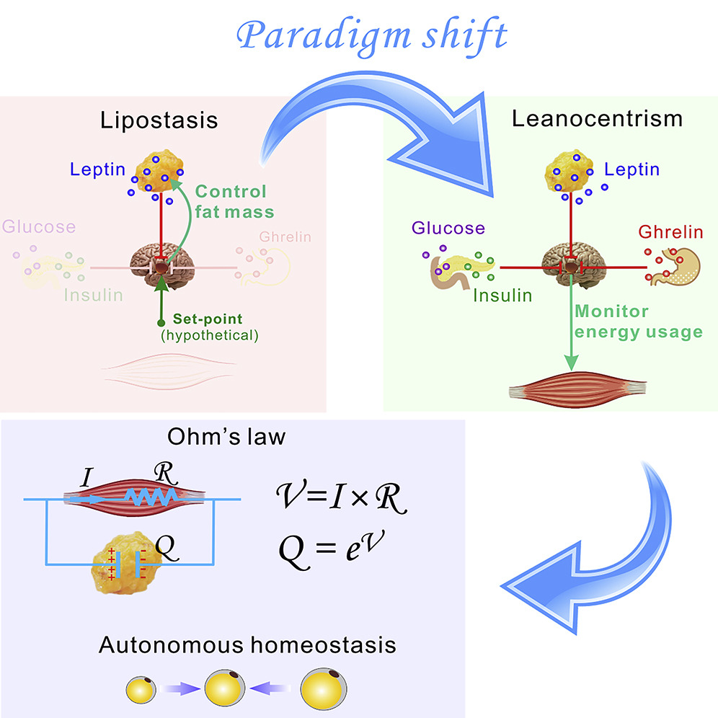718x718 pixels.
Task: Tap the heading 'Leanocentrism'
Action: [597, 118]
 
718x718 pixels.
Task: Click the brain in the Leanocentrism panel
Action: [569, 257]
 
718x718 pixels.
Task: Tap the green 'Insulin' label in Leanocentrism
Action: [502, 295]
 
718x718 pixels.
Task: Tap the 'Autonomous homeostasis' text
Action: [247, 644]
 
